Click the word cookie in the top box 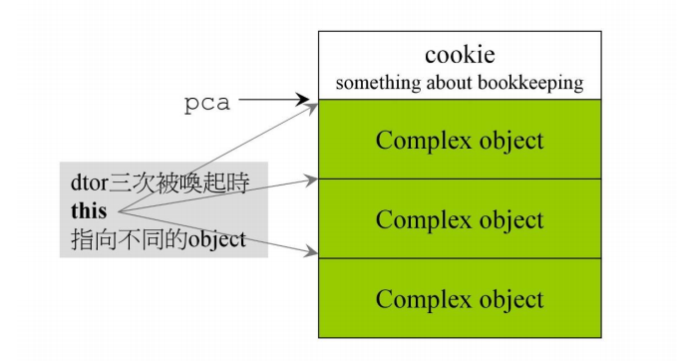pos(460,56)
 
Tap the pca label pos(208,104)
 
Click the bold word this pos(91,211)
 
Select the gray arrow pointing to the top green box pos(219,157)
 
